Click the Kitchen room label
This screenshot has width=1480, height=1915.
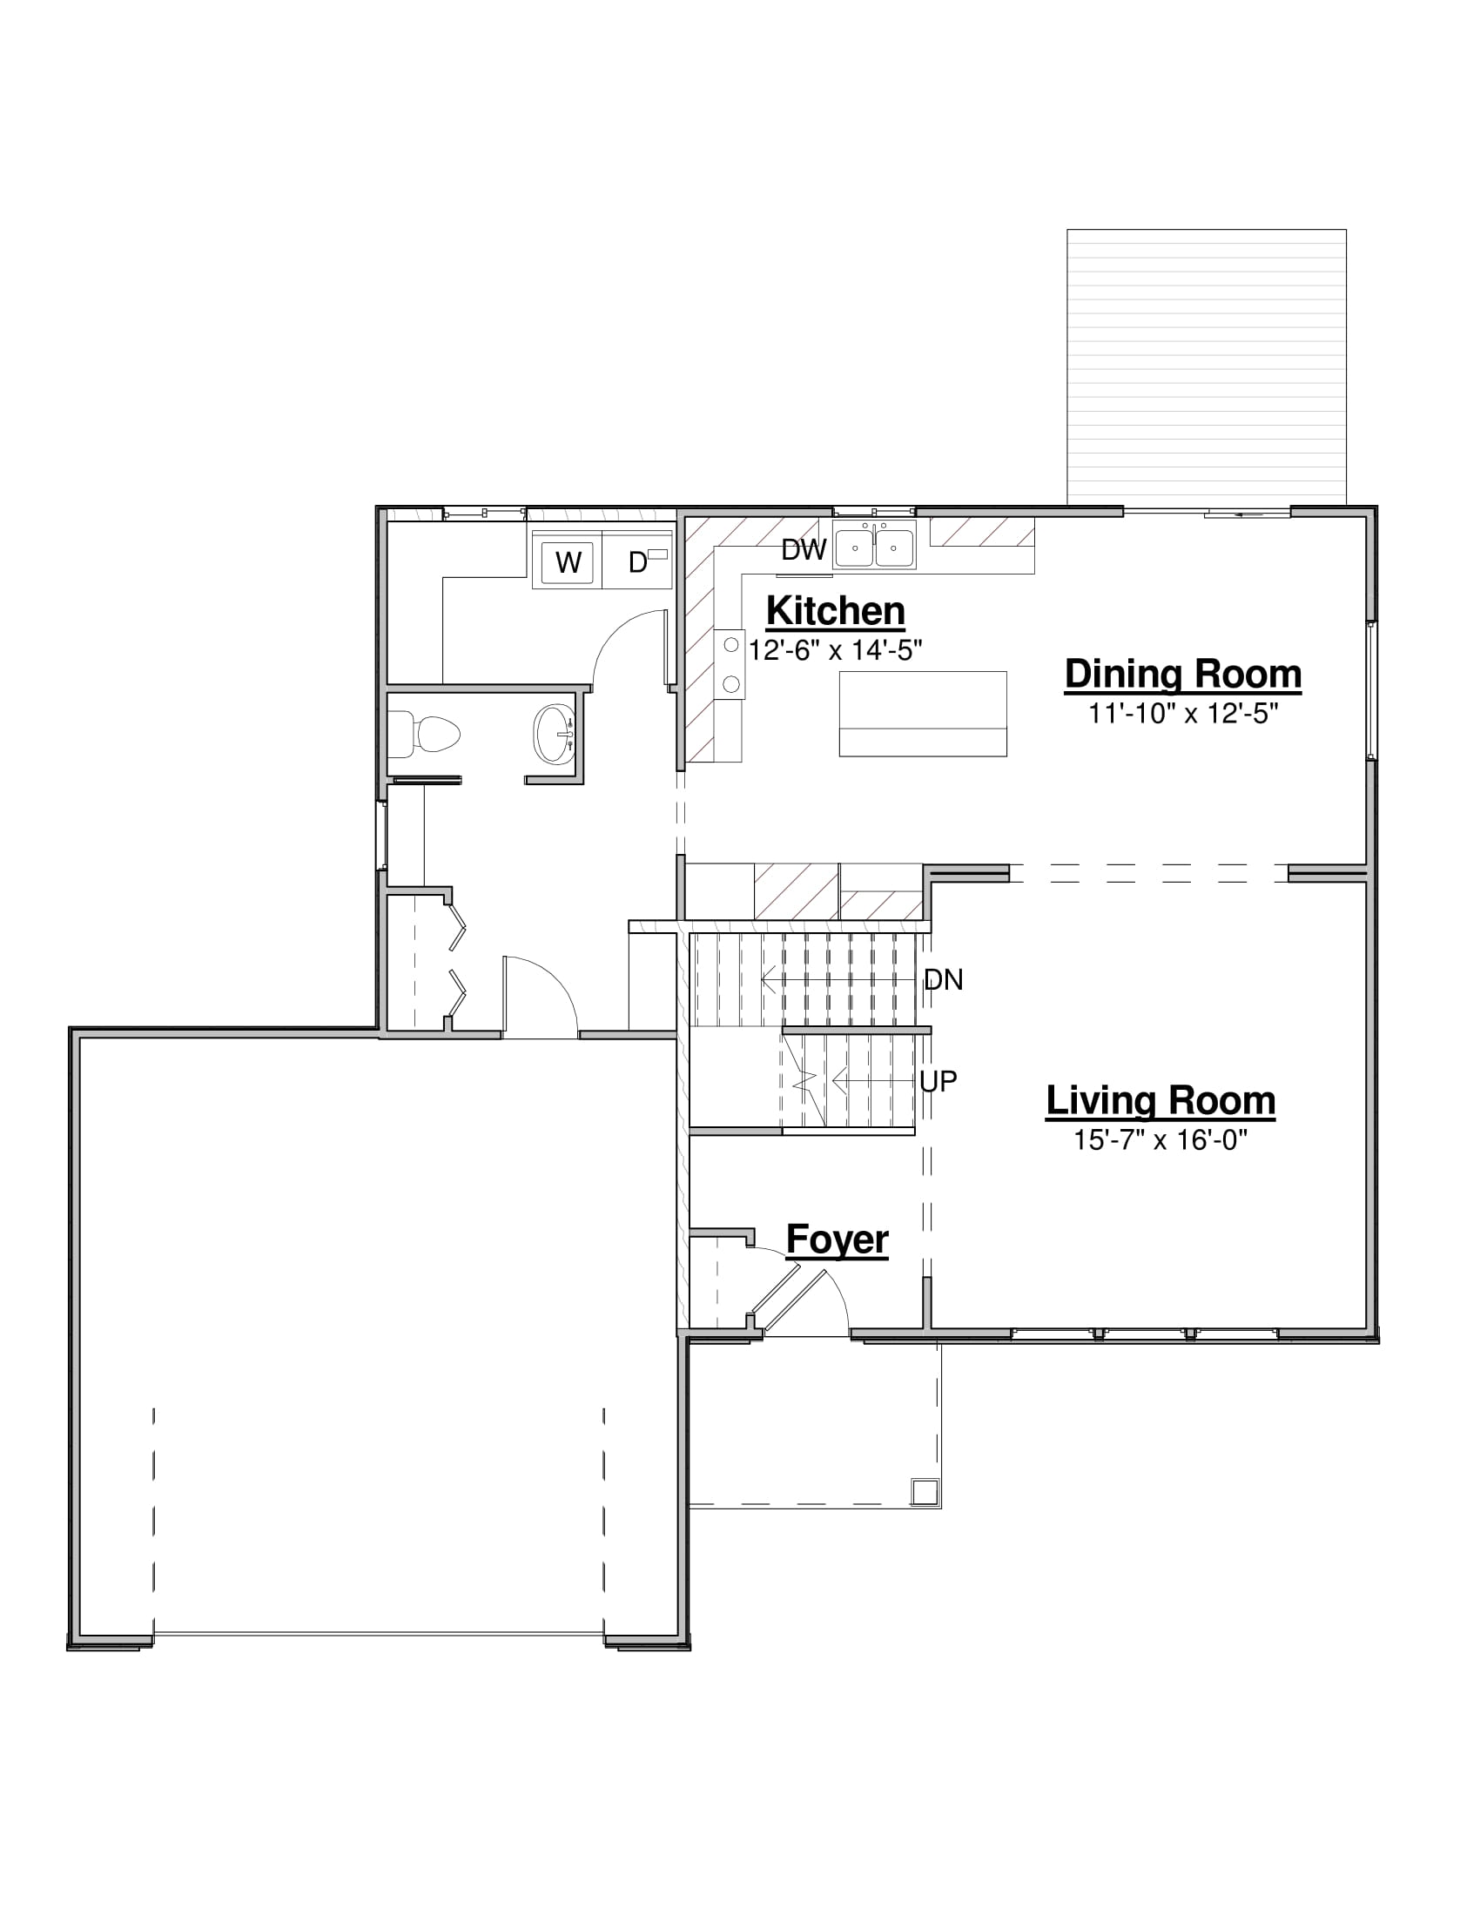(835, 611)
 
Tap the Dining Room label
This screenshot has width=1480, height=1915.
(1183, 675)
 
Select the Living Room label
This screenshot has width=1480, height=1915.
(1160, 1101)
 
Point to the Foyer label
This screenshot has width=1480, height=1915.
(838, 1240)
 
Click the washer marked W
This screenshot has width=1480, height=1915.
(568, 562)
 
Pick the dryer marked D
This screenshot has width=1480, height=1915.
(637, 561)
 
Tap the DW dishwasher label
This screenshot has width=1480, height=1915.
(804, 550)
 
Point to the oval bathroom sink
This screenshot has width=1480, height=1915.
(554, 734)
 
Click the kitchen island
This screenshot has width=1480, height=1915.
(922, 714)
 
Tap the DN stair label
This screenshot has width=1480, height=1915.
(944, 980)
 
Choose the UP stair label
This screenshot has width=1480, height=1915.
(938, 1082)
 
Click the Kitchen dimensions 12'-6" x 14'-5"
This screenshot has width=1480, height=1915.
(835, 649)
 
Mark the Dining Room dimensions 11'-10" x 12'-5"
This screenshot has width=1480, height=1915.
(1184, 714)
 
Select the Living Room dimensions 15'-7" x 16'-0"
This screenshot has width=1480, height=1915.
(1160, 1140)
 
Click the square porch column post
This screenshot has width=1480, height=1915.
(925, 1491)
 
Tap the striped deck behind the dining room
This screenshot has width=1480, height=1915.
(1207, 367)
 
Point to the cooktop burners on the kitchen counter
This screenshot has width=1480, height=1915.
(731, 665)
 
